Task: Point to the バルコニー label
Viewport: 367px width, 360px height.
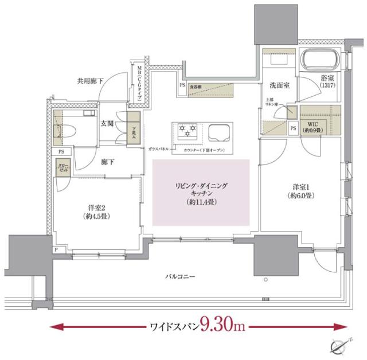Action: (183, 277)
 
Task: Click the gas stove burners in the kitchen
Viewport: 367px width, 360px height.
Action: (188, 133)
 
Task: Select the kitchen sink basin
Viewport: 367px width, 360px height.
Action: (220, 133)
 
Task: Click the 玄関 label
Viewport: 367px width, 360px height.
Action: (107, 123)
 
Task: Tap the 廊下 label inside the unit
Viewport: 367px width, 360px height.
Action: (107, 162)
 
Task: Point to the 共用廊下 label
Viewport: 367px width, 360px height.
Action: (89, 81)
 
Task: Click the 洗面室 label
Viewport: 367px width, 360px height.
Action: (279, 85)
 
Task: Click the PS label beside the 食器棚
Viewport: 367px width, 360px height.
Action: (182, 87)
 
